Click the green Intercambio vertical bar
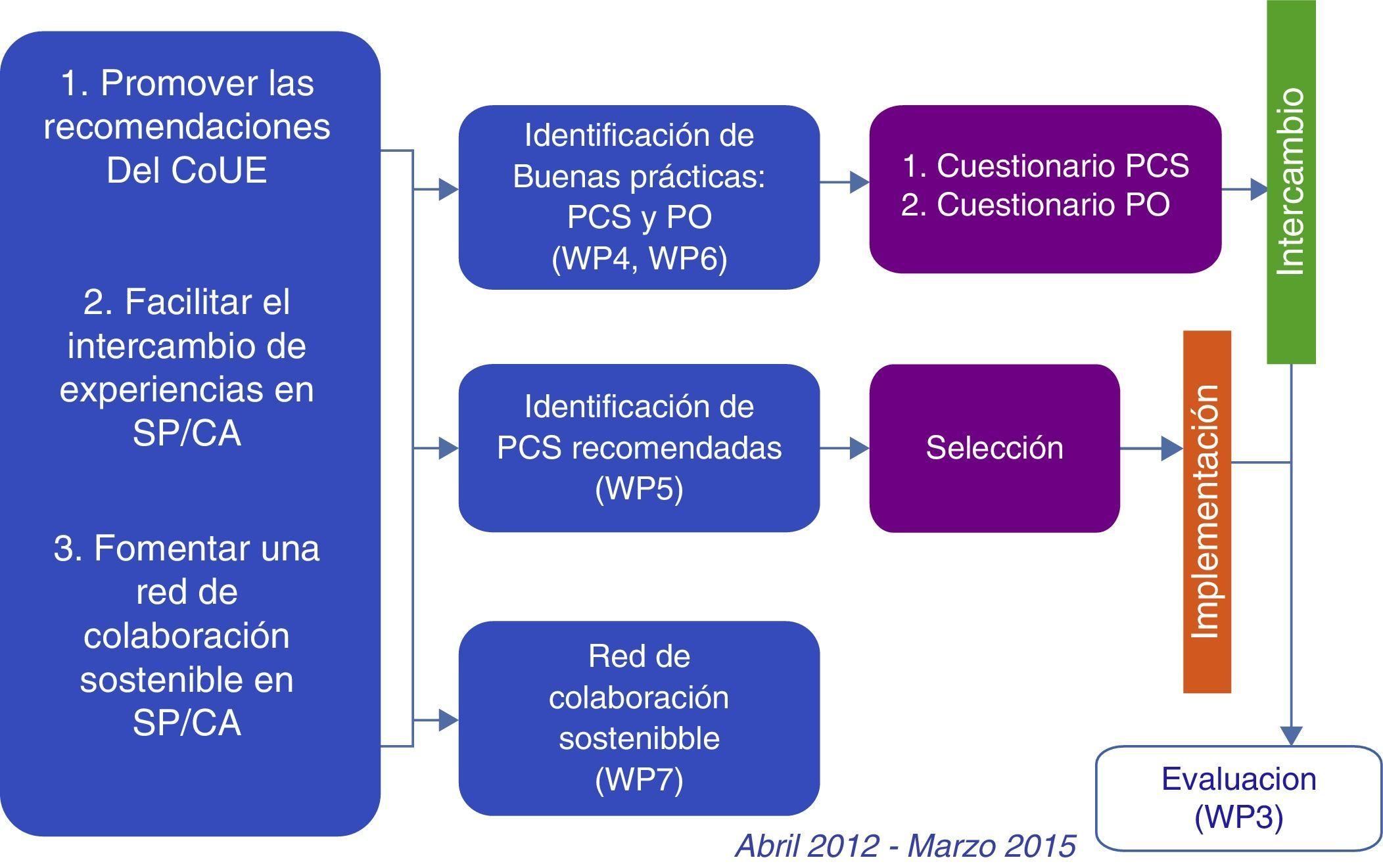[1291, 181]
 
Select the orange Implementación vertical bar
[1207, 511]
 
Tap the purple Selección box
[994, 448]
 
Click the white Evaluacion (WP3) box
[1238, 798]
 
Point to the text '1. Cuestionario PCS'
[1045, 166]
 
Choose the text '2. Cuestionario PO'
[1035, 204]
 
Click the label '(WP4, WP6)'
[639, 258]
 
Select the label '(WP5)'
[639, 489]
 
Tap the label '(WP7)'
[639, 779]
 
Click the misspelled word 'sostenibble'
[639, 738]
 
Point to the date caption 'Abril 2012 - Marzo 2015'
[905, 845]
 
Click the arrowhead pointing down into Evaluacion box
[1292, 735]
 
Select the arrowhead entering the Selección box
[859, 449]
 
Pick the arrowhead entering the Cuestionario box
[859, 181]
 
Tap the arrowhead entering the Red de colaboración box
[448, 720]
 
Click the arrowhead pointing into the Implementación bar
[1172, 449]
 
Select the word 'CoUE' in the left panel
[220, 170]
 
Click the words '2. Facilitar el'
[187, 302]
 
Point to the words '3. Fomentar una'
[187, 548]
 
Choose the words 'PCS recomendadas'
[639, 448]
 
